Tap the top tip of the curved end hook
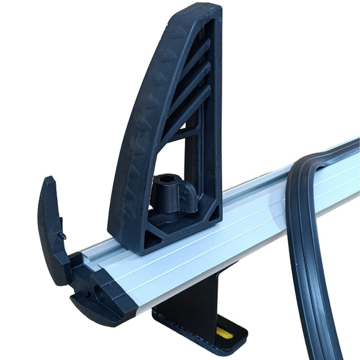[x=49, y=181]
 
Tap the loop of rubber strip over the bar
[x=310, y=168]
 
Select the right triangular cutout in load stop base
[x=186, y=223]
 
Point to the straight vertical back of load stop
[x=217, y=124]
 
